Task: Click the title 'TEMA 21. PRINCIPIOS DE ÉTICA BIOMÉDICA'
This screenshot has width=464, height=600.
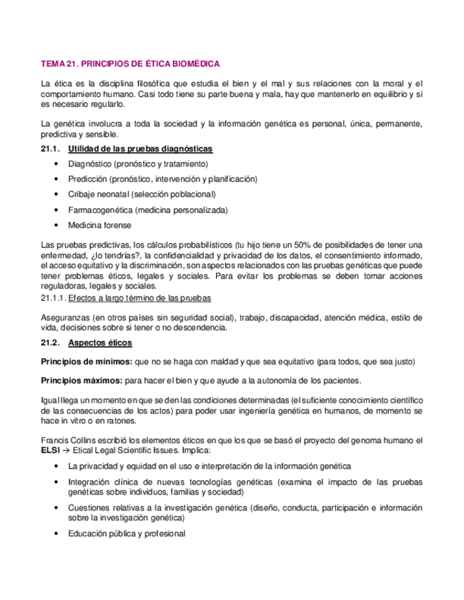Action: point(130,63)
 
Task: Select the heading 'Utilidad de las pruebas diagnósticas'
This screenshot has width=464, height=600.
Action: point(140,149)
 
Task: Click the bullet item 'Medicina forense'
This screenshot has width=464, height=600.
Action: point(99,225)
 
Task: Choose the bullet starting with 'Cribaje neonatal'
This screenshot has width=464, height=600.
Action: point(142,195)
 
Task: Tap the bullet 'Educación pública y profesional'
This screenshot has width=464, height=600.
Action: point(127,533)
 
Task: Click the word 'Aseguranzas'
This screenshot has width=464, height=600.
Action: point(66,318)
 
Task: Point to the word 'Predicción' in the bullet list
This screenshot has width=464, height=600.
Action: point(88,179)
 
